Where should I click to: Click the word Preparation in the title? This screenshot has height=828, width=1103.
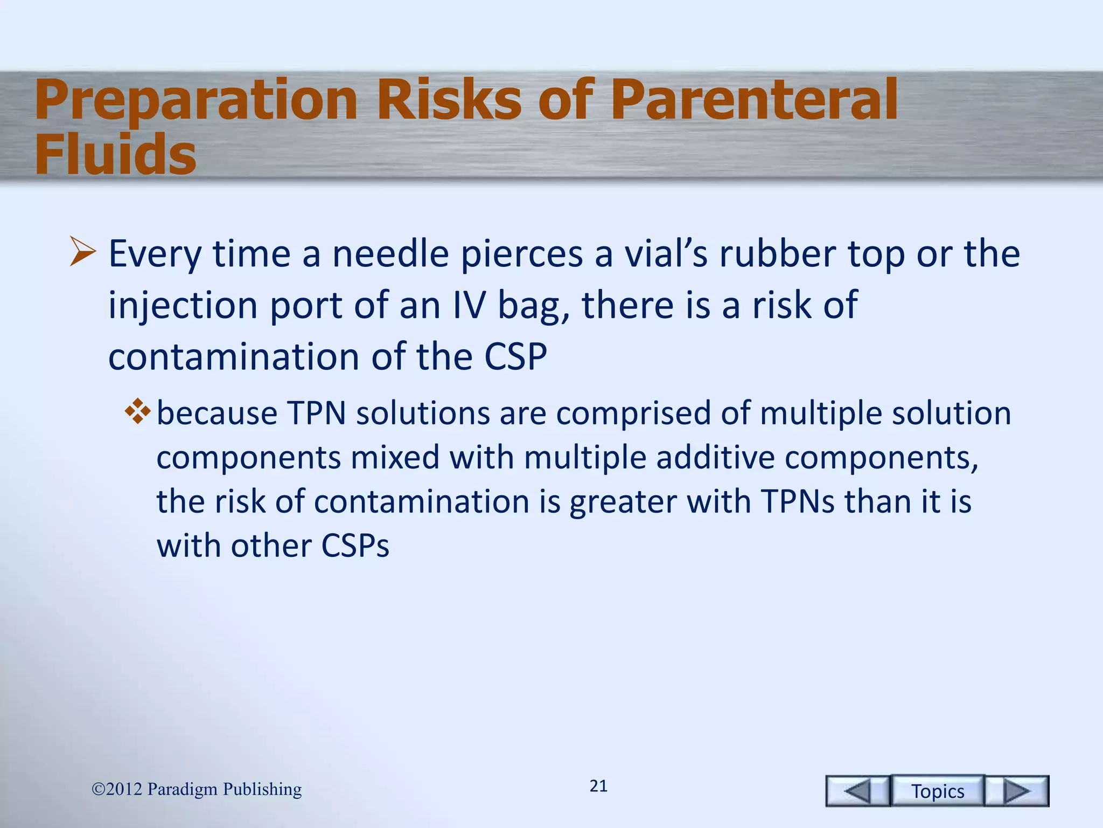pos(196,101)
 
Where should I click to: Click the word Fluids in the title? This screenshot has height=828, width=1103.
pos(115,155)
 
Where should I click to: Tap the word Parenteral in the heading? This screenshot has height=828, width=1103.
pos(754,100)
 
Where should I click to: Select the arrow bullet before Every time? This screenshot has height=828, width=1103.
pos(82,253)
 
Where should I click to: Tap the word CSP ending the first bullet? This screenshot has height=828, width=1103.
pos(515,357)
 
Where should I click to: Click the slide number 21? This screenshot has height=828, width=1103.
pos(598,786)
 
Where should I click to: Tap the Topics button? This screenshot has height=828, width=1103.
pos(938,791)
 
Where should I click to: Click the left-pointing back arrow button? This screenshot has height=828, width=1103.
pos(857,791)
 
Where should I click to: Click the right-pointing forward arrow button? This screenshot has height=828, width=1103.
pos(1017,791)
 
